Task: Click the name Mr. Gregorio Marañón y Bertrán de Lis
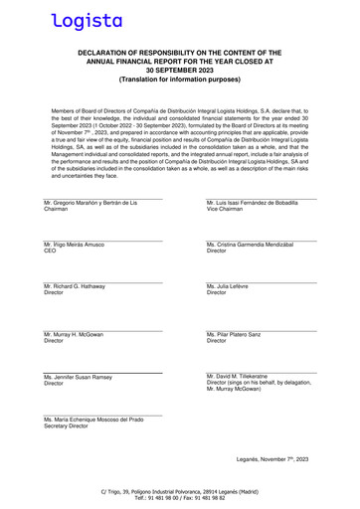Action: pos(90,203)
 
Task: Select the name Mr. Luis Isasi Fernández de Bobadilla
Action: pos(258,203)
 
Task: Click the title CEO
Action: pos(50,252)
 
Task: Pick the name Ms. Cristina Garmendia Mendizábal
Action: pos(255,245)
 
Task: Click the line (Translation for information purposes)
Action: pos(180,78)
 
